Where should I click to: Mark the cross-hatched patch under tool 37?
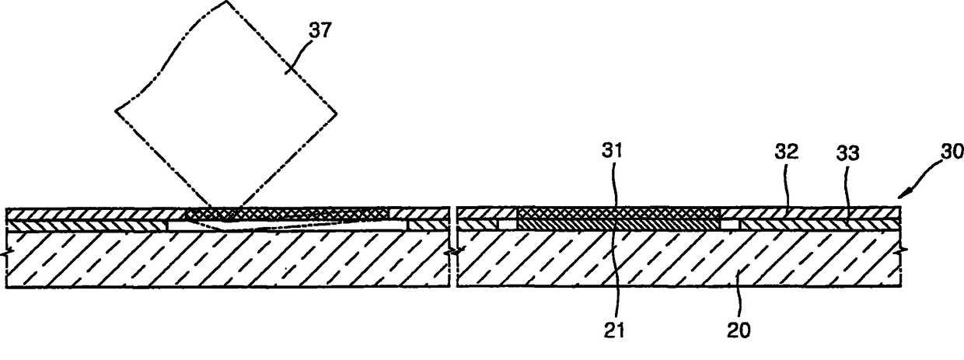pyautogui.click(x=288, y=212)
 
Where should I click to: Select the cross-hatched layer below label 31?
pyautogui.click(x=619, y=212)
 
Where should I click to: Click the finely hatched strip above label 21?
pyautogui.click(x=619, y=224)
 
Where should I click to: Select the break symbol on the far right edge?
pyautogui.click(x=902, y=250)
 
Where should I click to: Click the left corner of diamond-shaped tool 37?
pyautogui.click(x=116, y=110)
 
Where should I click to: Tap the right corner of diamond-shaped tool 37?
pyautogui.click(x=337, y=115)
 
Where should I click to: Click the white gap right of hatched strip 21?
pyautogui.click(x=730, y=224)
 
